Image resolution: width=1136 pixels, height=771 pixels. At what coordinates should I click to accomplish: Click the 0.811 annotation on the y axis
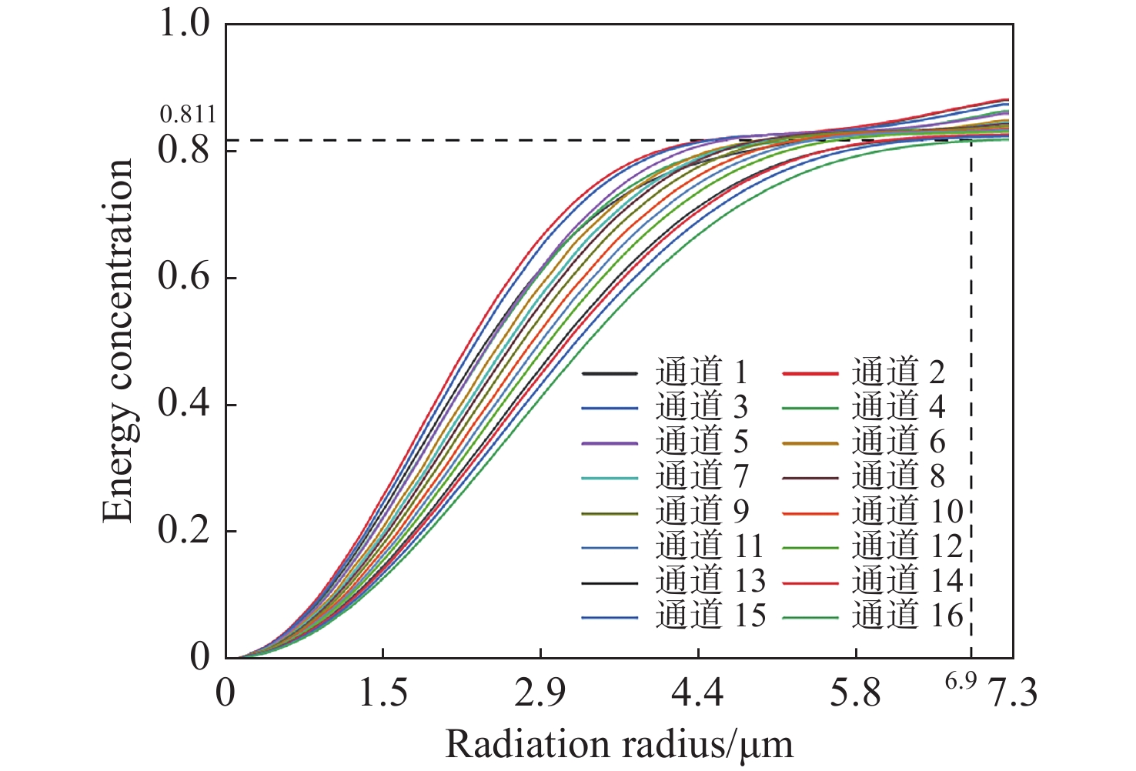coord(188,115)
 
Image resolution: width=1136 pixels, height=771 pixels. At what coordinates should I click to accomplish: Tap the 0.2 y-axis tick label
coord(184,530)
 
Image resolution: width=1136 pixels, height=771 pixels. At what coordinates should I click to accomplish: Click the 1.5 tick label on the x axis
coord(383,694)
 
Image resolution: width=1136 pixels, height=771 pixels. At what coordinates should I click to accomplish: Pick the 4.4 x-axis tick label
coord(697,694)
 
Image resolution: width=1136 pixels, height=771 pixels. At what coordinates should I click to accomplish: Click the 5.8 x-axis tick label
coord(855,694)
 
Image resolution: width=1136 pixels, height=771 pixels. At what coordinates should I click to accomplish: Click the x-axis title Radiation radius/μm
coord(619,745)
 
